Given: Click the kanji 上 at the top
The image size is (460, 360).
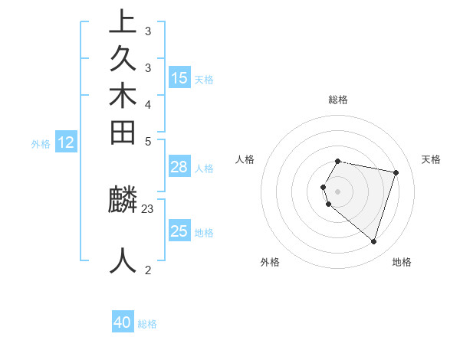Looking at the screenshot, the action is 123,22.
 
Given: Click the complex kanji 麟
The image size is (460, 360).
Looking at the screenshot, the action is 123,200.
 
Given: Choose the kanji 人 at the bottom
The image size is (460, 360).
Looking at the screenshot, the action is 123,260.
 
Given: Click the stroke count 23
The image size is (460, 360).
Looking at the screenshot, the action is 148,208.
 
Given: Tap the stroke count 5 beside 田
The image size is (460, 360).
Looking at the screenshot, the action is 148,141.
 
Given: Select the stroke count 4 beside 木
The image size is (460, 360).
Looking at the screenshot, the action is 148,104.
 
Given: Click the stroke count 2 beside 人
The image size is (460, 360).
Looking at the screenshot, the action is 148,270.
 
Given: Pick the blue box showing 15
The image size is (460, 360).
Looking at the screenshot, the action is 179,77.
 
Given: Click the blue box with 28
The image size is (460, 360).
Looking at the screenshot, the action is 179,167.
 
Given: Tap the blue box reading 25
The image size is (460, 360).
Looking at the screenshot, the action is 179,231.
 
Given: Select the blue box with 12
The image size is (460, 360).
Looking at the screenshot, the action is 67,142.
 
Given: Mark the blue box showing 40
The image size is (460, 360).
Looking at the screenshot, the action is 123,322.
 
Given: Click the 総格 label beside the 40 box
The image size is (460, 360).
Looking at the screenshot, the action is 147,324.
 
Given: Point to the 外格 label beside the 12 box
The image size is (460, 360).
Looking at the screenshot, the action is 41,143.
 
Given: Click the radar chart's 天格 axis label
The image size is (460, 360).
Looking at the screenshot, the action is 431,159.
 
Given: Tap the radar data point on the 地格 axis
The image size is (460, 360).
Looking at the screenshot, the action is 373,242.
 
